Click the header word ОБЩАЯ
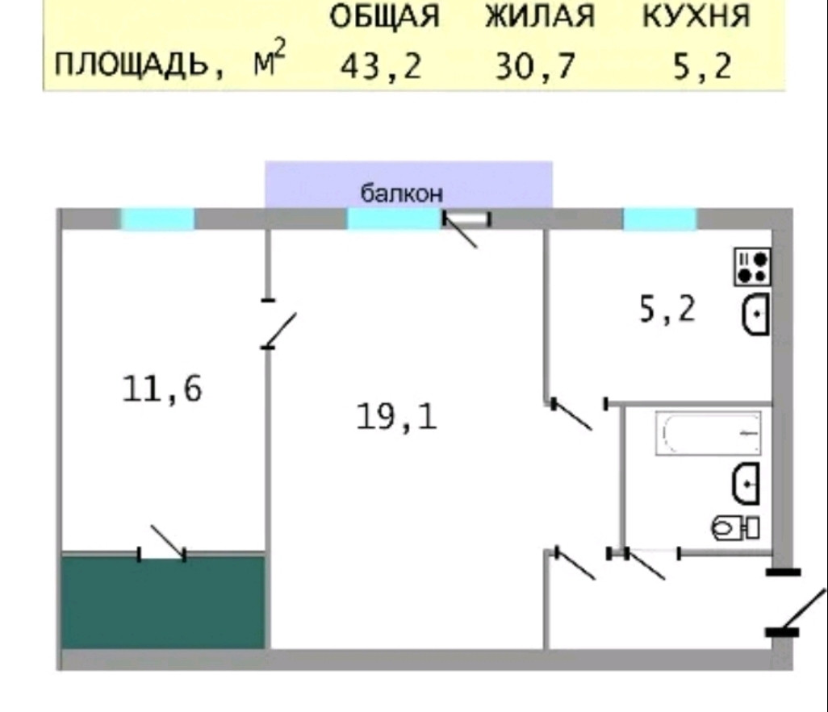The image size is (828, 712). point(385,17)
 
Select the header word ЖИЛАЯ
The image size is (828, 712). point(540,17)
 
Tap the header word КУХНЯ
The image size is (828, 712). point(696,17)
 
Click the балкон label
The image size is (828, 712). point(402,194)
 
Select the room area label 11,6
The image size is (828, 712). point(162,389)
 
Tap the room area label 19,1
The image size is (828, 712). point(396,416)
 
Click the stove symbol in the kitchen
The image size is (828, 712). point(752,266)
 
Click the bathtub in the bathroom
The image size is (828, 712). point(708,434)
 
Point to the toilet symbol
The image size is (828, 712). point(734,527)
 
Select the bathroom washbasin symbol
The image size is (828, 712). point(745,483)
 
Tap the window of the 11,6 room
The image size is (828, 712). point(158,219)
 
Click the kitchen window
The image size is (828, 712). point(659,219)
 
